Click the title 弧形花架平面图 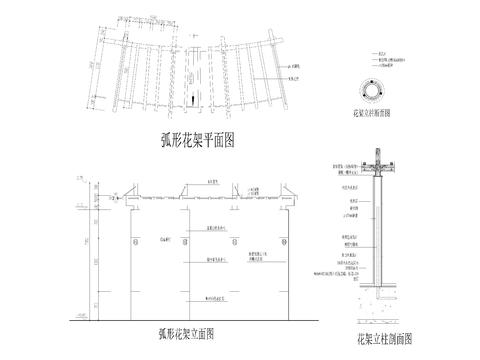(x=196, y=139)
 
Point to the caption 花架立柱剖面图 (x=386, y=340)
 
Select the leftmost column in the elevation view (x=133, y=255)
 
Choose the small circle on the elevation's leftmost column (x=133, y=240)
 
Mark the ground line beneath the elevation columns (x=200, y=315)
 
